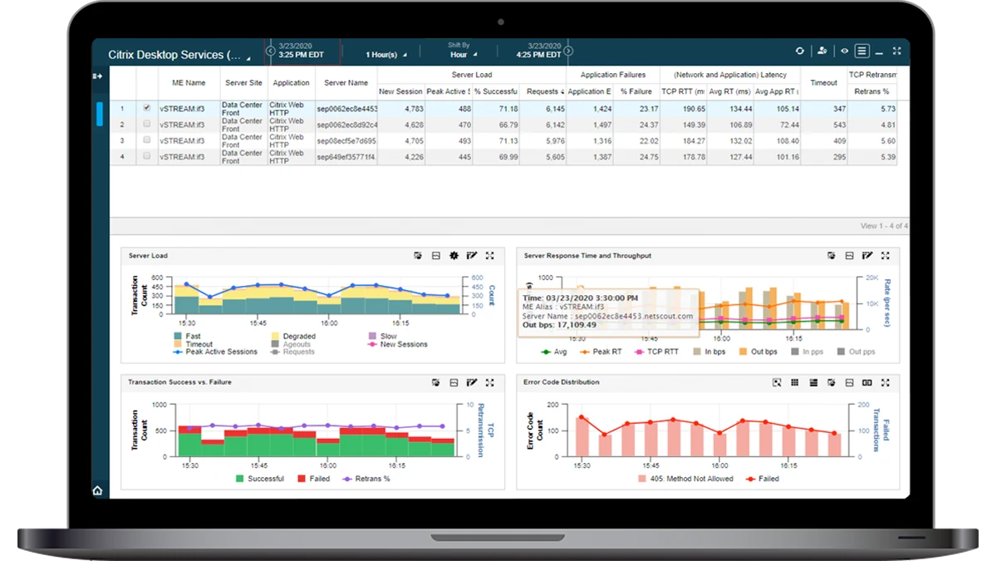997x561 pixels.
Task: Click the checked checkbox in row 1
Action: tap(147, 108)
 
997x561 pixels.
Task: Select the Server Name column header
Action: tap(346, 83)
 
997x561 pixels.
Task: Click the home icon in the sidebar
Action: tap(98, 490)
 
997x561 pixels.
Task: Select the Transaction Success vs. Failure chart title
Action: tap(179, 382)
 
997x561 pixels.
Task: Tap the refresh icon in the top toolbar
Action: tap(799, 52)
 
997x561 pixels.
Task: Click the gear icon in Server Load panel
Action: tap(454, 256)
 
